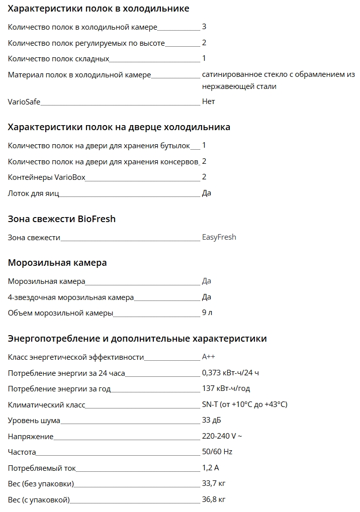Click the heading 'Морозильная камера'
click(57, 263)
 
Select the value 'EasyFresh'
click(219, 237)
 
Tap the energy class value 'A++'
click(209, 357)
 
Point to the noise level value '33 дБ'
click(211, 420)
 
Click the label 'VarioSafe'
click(24, 102)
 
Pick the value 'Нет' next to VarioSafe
click(208, 101)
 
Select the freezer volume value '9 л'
click(207, 313)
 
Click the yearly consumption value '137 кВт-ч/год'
click(226, 388)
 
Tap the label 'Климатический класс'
click(47, 405)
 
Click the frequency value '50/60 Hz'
click(217, 452)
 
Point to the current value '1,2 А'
click(211, 468)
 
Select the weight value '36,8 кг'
click(214, 500)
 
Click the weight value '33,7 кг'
click(214, 484)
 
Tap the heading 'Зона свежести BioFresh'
click(62, 219)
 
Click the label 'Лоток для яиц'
click(32, 193)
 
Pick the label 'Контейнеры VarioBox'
click(47, 177)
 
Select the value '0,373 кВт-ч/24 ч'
click(230, 373)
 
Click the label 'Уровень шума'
click(34, 421)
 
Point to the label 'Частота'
click(22, 452)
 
